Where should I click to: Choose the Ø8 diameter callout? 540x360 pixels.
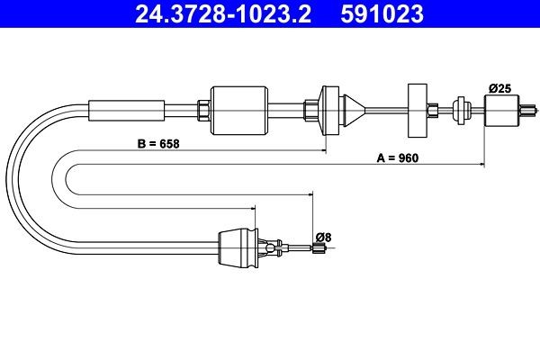pos(324,237)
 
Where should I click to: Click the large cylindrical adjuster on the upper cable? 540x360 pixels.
pos(239,110)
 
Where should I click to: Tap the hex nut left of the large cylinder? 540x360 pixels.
pos(204,110)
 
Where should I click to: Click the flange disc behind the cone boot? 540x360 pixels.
pos(327,110)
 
